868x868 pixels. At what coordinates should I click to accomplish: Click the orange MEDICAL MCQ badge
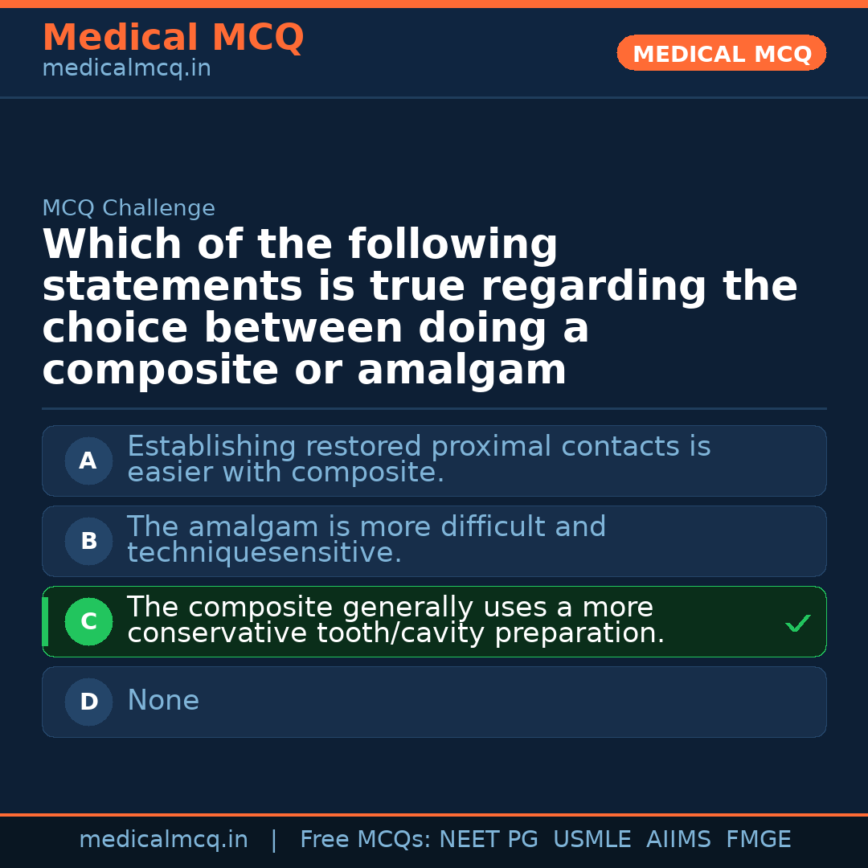722,53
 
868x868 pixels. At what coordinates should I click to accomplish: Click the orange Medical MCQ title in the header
173,38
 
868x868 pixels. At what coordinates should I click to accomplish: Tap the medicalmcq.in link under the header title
126,69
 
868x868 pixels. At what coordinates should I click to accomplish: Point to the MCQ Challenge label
129,209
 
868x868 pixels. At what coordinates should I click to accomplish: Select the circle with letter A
88,461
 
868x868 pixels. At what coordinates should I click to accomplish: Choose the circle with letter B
88,541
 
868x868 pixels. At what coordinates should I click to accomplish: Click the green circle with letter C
88,621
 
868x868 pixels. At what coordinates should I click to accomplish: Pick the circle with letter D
88,702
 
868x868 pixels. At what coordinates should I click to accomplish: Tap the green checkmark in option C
797,623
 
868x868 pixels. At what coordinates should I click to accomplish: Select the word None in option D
163,701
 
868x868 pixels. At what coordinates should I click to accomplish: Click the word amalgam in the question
461,371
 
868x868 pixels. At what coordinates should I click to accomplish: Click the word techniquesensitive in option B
264,553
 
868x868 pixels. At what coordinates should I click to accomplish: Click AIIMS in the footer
679,840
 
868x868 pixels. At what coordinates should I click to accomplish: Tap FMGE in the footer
759,840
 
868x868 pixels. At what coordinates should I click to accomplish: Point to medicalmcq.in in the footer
163,840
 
